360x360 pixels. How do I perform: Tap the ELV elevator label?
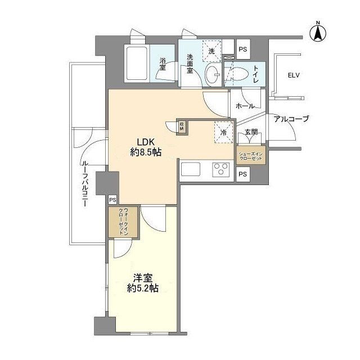(293, 75)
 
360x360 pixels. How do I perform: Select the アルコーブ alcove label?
(291, 119)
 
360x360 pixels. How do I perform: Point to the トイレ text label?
(255, 73)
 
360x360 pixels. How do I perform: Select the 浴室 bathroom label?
(163, 65)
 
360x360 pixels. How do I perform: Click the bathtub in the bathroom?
(135, 64)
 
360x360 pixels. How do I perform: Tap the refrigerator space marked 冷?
(222, 132)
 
